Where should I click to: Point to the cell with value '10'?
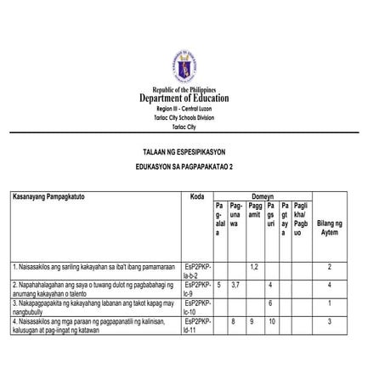pos(270,322)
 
